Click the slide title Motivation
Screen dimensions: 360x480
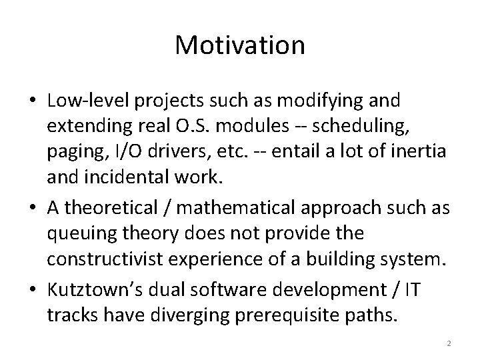tap(240, 45)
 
